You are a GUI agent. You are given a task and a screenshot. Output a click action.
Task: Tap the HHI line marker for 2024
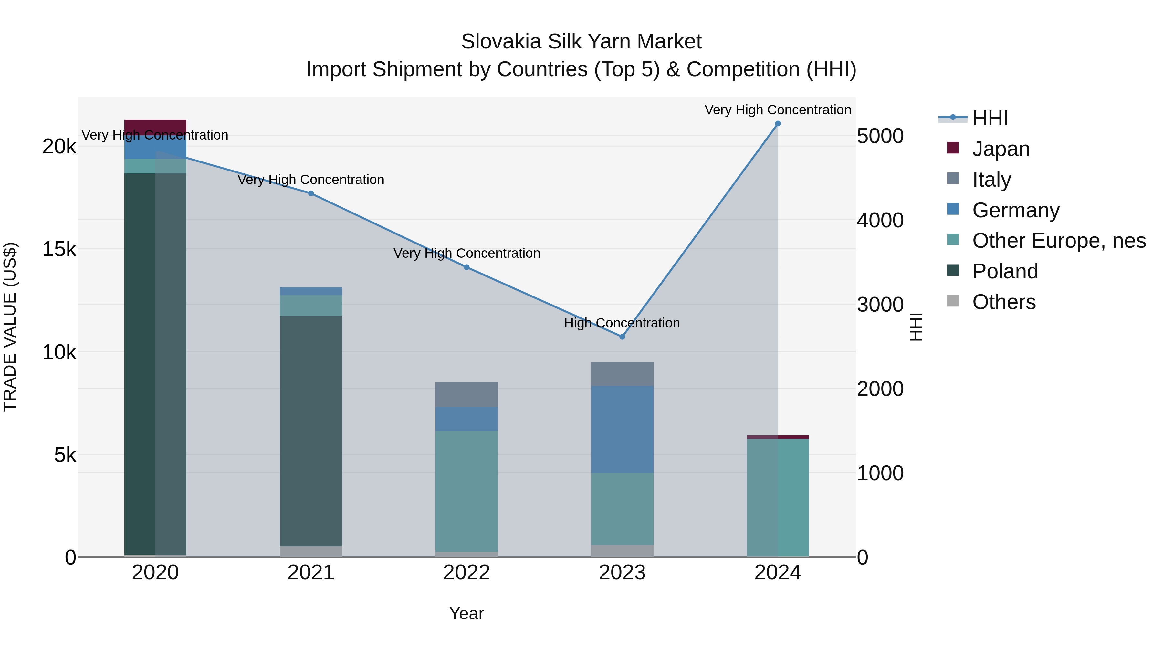[x=778, y=124]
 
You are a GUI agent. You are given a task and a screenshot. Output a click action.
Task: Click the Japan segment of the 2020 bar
[x=155, y=127]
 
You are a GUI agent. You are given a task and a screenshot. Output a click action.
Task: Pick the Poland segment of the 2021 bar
[x=310, y=431]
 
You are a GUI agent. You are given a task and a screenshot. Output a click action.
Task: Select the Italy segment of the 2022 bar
[x=466, y=394]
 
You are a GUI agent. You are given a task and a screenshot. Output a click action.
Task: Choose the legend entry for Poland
[x=1005, y=271]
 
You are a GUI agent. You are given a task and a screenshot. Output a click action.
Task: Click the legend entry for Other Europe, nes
[x=1059, y=241]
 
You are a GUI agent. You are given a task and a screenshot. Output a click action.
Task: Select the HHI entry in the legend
[x=990, y=118]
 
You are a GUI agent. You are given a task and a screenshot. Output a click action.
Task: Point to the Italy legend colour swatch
[x=953, y=179]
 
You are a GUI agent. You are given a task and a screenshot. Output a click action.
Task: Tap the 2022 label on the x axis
[x=466, y=573]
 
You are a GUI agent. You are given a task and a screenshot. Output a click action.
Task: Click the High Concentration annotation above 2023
[x=622, y=323]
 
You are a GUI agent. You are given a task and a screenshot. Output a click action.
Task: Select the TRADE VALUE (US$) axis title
[x=10, y=327]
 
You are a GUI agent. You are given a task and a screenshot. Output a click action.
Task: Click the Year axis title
[x=466, y=613]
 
